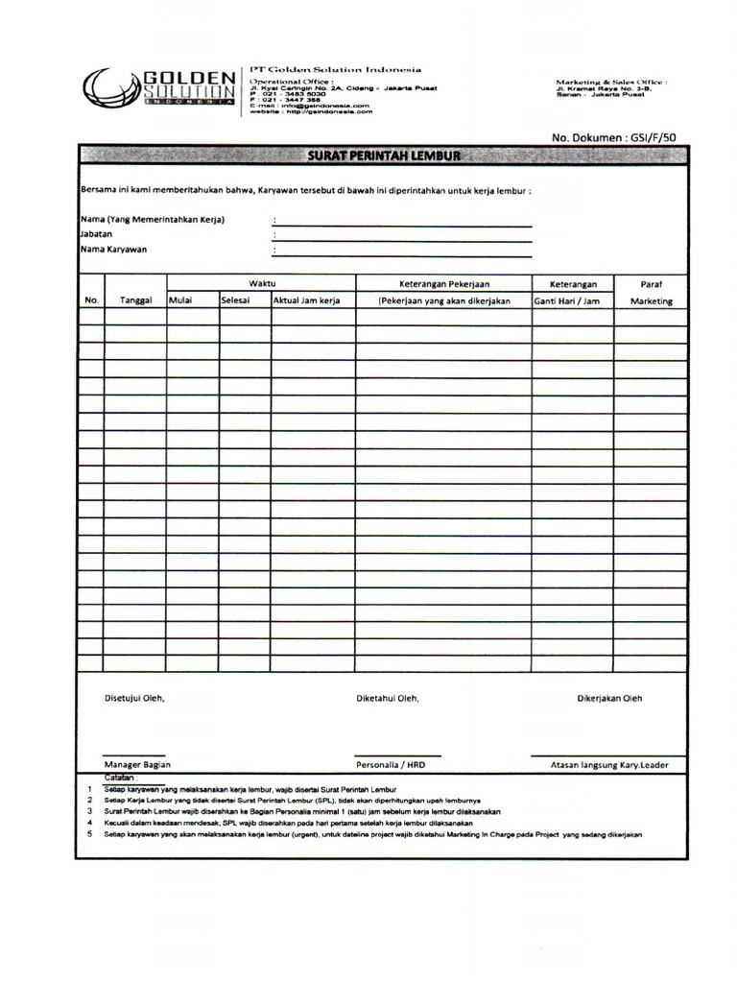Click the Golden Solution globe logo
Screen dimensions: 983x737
coord(109,91)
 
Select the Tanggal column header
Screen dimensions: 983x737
coord(136,300)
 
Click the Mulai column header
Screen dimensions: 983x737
coord(180,300)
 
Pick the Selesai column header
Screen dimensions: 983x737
coord(235,300)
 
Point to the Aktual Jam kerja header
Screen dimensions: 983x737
coord(307,300)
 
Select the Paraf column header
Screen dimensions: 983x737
coord(651,284)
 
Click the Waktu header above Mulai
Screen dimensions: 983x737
coord(262,283)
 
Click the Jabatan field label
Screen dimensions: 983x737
coord(97,234)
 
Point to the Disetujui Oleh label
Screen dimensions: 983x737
coord(134,699)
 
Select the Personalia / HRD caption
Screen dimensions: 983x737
coord(390,765)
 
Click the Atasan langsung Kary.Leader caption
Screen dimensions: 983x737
coord(609,765)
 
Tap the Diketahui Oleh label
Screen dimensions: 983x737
coord(388,699)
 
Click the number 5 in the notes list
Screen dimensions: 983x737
coord(89,834)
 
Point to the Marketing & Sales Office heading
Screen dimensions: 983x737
coord(610,84)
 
